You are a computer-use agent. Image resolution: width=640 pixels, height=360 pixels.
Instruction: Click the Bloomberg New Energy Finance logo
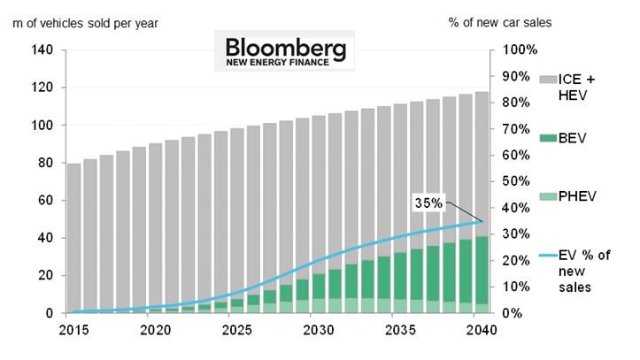282,51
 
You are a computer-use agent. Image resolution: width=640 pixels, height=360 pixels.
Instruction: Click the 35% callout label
429,203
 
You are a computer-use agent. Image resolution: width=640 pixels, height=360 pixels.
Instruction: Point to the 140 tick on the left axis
42,50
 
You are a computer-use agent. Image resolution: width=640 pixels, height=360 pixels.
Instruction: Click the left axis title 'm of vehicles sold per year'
86,23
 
